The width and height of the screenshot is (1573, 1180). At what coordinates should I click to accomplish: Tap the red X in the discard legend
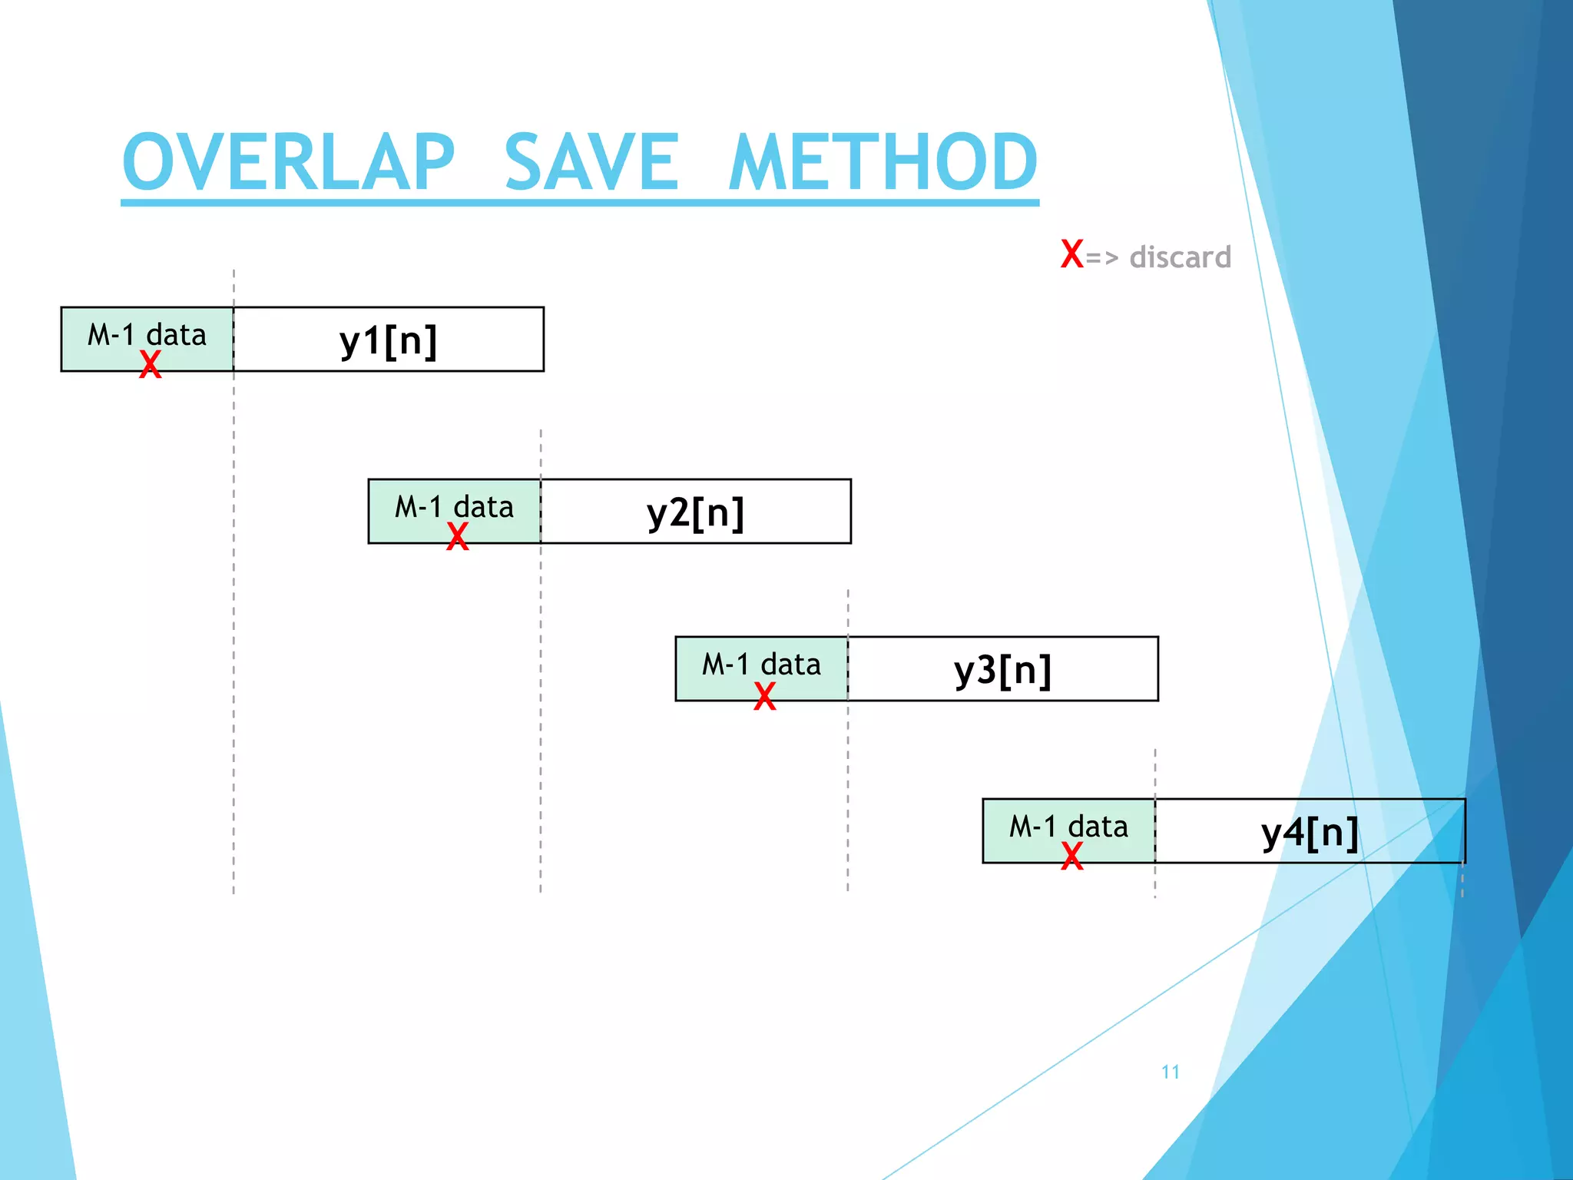(1071, 254)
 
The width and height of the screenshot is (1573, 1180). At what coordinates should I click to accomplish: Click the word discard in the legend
(1180, 257)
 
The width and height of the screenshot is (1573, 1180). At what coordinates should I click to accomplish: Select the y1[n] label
(389, 340)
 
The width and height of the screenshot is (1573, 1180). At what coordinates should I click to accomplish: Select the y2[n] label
(696, 512)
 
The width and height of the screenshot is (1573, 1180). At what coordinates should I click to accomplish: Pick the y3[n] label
(1003, 670)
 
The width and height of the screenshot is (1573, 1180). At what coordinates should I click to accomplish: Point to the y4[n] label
(1310, 832)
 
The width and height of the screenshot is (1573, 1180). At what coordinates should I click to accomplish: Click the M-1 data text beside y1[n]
(147, 335)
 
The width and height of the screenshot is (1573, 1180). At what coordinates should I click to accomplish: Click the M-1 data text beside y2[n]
(454, 507)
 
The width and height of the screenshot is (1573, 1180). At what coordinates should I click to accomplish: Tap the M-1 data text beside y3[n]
(761, 665)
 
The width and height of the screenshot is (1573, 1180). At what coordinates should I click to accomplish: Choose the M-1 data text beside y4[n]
(1068, 827)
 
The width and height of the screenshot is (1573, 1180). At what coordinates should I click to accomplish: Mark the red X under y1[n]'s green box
(151, 364)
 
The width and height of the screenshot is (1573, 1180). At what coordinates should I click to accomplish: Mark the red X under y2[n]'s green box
(458, 536)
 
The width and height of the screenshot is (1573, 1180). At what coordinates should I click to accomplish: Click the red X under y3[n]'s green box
(765, 696)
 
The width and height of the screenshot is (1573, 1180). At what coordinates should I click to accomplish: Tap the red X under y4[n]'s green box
(1072, 856)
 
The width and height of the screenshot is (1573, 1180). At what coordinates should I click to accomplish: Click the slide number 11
(1171, 1072)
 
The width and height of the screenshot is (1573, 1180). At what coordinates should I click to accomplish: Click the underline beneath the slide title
(580, 203)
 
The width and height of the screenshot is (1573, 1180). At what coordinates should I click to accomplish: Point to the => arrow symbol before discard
(1102, 258)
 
